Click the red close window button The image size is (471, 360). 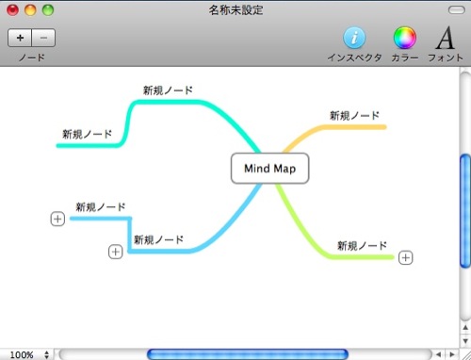pos(13,9)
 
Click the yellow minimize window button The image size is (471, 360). pos(30,9)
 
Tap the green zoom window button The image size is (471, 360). pos(48,9)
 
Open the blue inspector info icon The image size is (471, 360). pos(354,38)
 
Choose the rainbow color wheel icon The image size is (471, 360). pos(405,38)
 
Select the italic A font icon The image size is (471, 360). pos(446,38)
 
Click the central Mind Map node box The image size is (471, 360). pos(270,169)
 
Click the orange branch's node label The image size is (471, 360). pos(354,116)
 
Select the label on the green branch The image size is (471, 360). pos(362,246)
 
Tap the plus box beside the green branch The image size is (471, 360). pos(405,258)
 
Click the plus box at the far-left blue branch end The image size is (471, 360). pos(57,219)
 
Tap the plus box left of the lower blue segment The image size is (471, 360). pos(116,252)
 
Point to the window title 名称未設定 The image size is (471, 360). pos(235,10)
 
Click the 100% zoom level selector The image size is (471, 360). pos(29,355)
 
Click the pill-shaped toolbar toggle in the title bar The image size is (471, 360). pos(457,10)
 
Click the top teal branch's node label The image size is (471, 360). pos(168,90)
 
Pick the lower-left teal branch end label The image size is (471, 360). pos(87,134)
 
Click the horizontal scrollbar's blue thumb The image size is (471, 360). pos(248,354)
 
